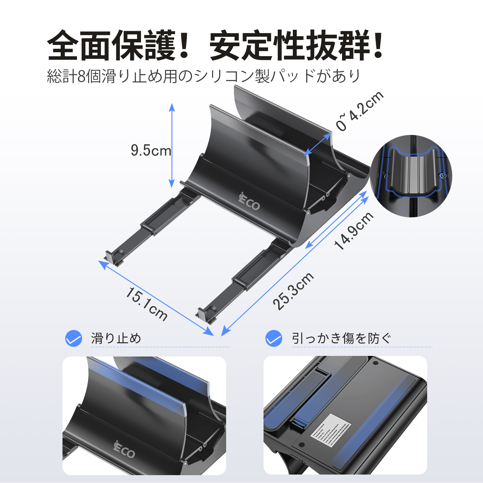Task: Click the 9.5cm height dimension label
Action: (x=151, y=150)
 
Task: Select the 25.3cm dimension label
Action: (x=293, y=291)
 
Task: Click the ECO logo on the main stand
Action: (x=249, y=202)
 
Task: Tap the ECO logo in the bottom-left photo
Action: (x=124, y=450)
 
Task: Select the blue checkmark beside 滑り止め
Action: (x=74, y=338)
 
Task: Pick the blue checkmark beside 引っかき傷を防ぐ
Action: (x=274, y=338)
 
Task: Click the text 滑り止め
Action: (x=116, y=338)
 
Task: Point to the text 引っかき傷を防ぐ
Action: (x=341, y=338)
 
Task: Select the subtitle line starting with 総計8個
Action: (x=204, y=76)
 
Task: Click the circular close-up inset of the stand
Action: (x=411, y=176)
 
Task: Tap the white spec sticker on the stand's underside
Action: (x=331, y=430)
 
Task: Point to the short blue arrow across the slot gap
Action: (x=318, y=144)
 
